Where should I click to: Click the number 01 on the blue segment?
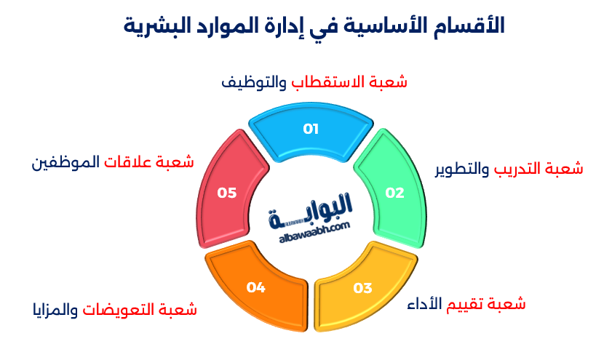click(x=311, y=129)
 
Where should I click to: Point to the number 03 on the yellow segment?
click(x=362, y=288)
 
